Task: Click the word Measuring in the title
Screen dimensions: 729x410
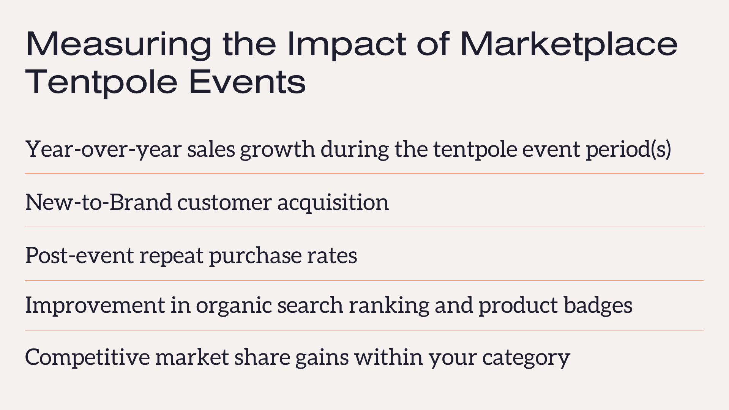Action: tap(118, 44)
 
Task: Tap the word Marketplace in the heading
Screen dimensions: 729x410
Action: tap(569, 44)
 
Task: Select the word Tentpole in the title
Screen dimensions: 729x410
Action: tap(101, 82)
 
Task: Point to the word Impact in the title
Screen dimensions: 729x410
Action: tap(347, 45)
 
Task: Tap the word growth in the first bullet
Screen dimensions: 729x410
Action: tap(277, 149)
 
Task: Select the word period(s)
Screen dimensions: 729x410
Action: tap(628, 149)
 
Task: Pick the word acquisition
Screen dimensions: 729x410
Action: tap(333, 203)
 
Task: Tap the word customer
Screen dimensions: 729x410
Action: tap(224, 203)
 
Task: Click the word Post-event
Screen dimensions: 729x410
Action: tap(79, 255)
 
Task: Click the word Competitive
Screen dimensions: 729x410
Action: tap(88, 357)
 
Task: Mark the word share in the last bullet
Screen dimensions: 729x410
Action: tap(262, 357)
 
